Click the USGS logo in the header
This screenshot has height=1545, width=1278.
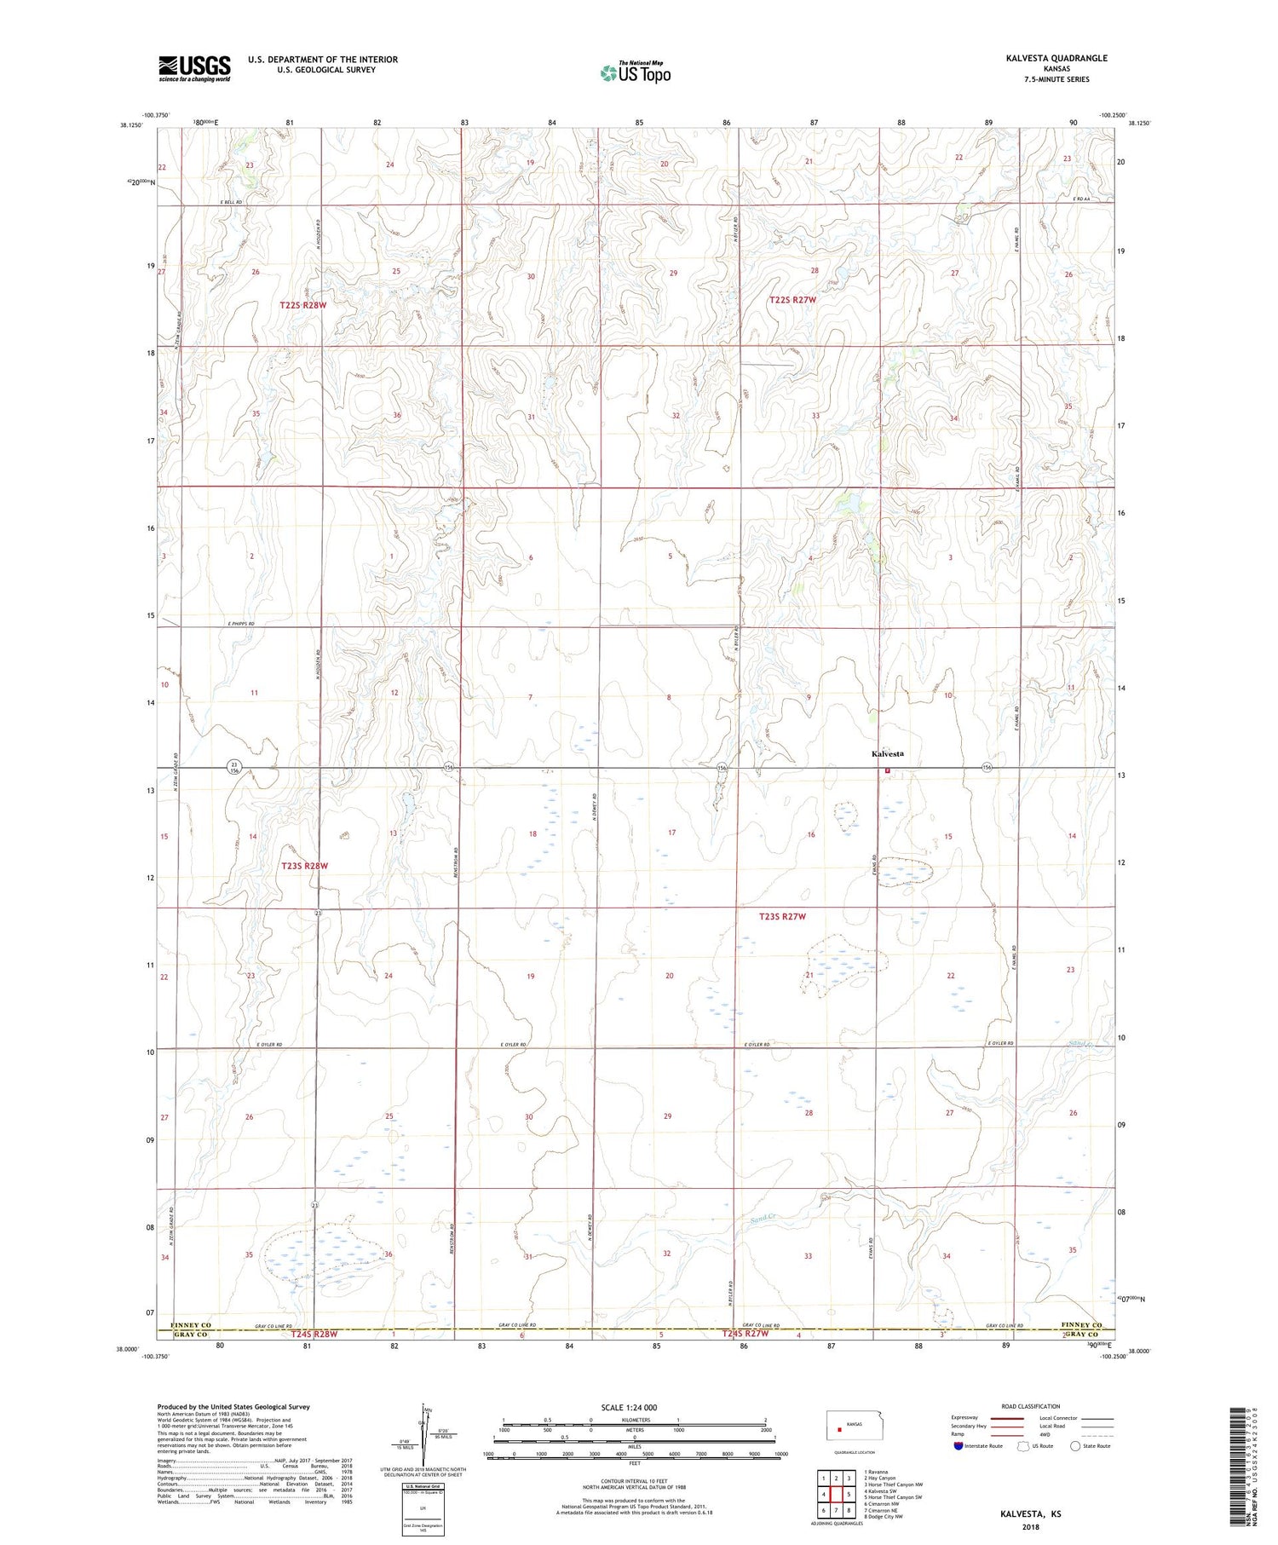coord(194,68)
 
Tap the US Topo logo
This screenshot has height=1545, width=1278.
coord(635,73)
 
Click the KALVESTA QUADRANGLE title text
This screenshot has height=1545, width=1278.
coord(1056,58)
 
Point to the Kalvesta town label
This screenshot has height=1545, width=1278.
coord(887,754)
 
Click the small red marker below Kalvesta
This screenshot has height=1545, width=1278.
coord(887,770)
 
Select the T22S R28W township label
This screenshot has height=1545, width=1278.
coord(302,304)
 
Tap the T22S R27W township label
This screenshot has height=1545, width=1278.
coord(792,300)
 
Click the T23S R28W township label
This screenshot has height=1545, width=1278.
coord(304,866)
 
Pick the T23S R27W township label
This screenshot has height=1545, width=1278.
coord(782,917)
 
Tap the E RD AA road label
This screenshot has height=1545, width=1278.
coord(1082,199)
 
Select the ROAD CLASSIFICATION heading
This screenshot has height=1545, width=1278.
coord(1031,1406)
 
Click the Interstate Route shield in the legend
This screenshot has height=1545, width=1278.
coord(958,1445)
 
